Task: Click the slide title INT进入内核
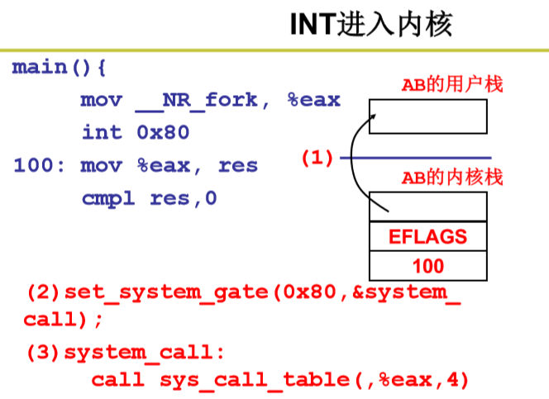(371, 24)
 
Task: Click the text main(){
(60, 67)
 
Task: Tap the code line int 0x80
(136, 132)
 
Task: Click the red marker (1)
(317, 158)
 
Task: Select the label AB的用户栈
(451, 84)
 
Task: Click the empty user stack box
(427, 116)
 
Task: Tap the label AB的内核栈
(451, 177)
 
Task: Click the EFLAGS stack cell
(427, 237)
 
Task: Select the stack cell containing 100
(427, 265)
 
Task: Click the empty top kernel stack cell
(427, 207)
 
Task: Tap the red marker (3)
(43, 353)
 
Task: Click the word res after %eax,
(238, 165)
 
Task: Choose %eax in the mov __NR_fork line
(313, 100)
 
